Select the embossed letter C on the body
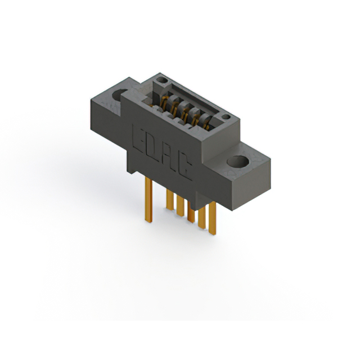coord(184,167)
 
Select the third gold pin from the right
coord(191,214)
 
